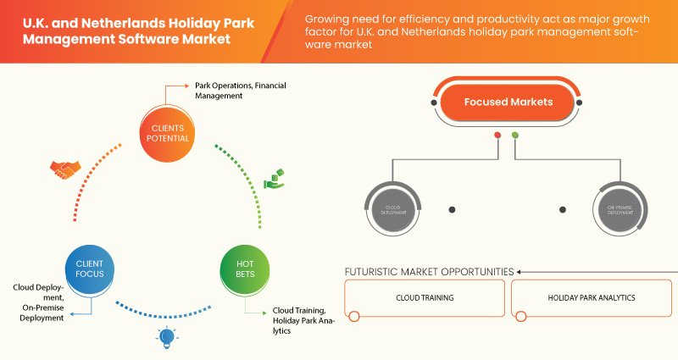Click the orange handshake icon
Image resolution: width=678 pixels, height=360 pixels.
click(x=64, y=169)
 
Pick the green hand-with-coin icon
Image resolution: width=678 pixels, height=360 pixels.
click(x=274, y=179)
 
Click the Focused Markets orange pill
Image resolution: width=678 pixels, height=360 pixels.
click(x=508, y=102)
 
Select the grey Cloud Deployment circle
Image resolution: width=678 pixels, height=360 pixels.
click(x=392, y=209)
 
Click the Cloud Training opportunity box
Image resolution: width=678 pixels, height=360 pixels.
click(x=425, y=299)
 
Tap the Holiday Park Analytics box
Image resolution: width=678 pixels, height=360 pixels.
click(x=591, y=299)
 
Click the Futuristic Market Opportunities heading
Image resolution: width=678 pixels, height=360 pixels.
click(x=429, y=272)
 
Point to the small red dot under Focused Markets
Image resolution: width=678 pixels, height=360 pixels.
click(x=497, y=136)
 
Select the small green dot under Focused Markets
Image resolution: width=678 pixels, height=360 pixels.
click(x=515, y=136)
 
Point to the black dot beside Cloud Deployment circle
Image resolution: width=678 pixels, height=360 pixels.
click(x=453, y=209)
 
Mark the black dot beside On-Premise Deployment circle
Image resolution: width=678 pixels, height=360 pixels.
click(x=563, y=209)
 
